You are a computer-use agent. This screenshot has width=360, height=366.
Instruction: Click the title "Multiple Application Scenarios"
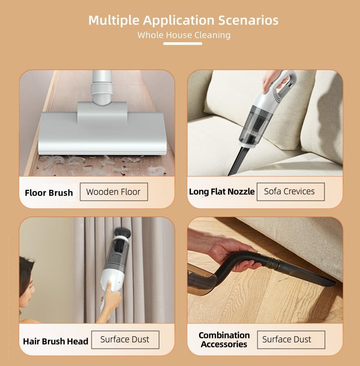[x=183, y=20]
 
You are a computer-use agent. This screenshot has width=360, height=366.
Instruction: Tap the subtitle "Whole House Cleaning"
[x=184, y=35]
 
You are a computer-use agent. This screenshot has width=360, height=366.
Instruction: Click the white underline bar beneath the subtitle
[x=183, y=44]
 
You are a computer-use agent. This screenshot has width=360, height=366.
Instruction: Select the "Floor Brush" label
[x=49, y=193]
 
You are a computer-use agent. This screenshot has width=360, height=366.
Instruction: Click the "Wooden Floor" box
[x=113, y=192]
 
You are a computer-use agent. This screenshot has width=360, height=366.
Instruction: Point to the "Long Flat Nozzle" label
[x=221, y=192]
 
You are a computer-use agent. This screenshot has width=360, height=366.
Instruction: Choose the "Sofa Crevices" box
[x=290, y=191]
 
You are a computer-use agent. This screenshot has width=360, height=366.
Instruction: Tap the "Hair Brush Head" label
[x=55, y=341]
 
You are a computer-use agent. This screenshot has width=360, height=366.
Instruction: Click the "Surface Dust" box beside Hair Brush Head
[x=125, y=339]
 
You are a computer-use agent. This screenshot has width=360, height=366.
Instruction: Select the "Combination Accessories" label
[x=224, y=340]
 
